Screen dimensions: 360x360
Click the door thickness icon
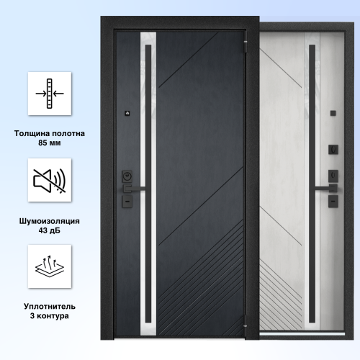pyautogui.click(x=50, y=94)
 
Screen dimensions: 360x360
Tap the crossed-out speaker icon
pyautogui.click(x=50, y=181)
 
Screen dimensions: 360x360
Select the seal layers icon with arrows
pyautogui.click(x=50, y=266)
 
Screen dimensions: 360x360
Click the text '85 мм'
pyautogui.click(x=50, y=143)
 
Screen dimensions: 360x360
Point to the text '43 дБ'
pyautogui.click(x=50, y=230)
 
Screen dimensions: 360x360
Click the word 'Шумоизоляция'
pyautogui.click(x=50, y=221)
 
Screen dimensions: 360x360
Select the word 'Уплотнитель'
pyautogui.click(x=50, y=307)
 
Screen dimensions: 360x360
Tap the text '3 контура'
pyautogui.click(x=50, y=316)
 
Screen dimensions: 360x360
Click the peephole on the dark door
pyautogui.click(x=127, y=113)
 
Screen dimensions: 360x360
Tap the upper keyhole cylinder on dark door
pyautogui.click(x=127, y=176)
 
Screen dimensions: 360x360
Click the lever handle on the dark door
pyautogui.click(x=134, y=189)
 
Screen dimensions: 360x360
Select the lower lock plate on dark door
pyautogui.click(x=127, y=202)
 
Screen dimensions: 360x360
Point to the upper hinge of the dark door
pyautogui.click(x=246, y=46)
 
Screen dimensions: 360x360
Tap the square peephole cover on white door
pyautogui.click(x=333, y=113)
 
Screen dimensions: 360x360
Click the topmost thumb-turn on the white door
pyautogui.click(x=333, y=150)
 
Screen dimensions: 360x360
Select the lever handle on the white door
pyautogui.click(x=326, y=189)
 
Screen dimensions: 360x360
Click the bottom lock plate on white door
pyautogui.click(x=333, y=202)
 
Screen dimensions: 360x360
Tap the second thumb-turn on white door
pyautogui.click(x=333, y=176)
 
